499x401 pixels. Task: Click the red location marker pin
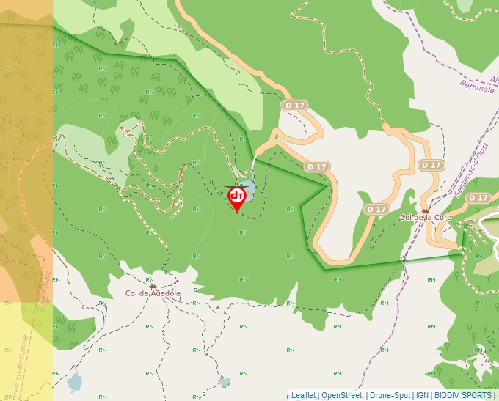[x=236, y=196]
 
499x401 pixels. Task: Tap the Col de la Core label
[x=425, y=218]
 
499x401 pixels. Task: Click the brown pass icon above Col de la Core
[x=424, y=210]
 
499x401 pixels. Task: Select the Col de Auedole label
[x=153, y=293]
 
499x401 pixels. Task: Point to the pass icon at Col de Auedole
[x=153, y=286]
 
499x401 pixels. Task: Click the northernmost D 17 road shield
[x=294, y=106]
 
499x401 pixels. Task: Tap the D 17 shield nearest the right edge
[x=478, y=198]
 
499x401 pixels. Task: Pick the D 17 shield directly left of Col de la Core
[x=376, y=210]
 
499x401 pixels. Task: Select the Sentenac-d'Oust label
[x=470, y=170]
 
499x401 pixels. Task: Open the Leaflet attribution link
[x=303, y=395]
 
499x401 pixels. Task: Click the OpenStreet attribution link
[x=341, y=395]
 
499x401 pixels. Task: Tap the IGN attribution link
[x=423, y=395]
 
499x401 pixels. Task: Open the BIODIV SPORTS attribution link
[x=462, y=395]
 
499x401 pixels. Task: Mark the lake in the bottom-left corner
[x=74, y=381]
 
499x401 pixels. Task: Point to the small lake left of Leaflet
[x=225, y=382]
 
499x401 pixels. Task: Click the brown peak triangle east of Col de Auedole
[x=218, y=308]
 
